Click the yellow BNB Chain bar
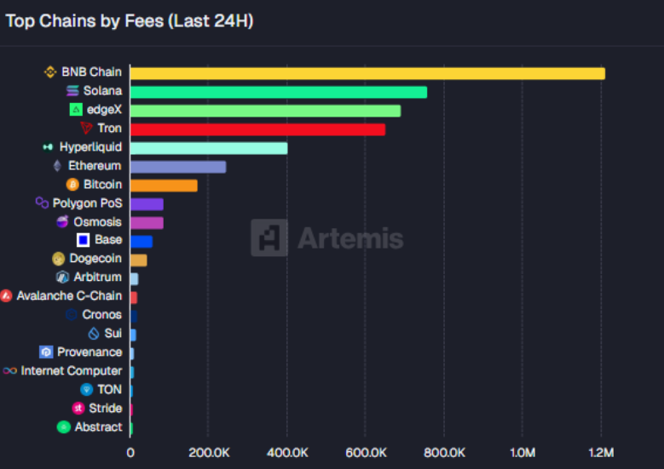pyautogui.click(x=367, y=73)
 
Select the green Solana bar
pyautogui.click(x=278, y=92)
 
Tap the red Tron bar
pyautogui.click(x=257, y=129)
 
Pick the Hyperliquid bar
pyautogui.click(x=208, y=148)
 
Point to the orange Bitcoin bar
pyautogui.click(x=163, y=186)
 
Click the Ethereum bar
pyautogui.click(x=177, y=167)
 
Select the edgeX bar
pyautogui.click(x=264, y=111)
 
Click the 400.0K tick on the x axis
pyautogui.click(x=287, y=453)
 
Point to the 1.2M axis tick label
pyautogui.click(x=601, y=453)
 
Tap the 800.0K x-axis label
pyautogui.click(x=444, y=453)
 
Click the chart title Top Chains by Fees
pyautogui.click(x=129, y=21)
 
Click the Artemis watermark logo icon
pyautogui.click(x=269, y=237)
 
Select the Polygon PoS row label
pyautogui.click(x=87, y=203)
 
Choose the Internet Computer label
pyautogui.click(x=72, y=371)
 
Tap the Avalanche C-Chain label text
pyautogui.click(x=69, y=296)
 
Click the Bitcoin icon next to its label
pyautogui.click(x=72, y=185)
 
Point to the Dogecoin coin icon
pyautogui.click(x=59, y=259)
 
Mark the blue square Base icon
pyautogui.click(x=84, y=240)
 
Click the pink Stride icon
pyautogui.click(x=78, y=409)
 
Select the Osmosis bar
pyautogui.click(x=146, y=223)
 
